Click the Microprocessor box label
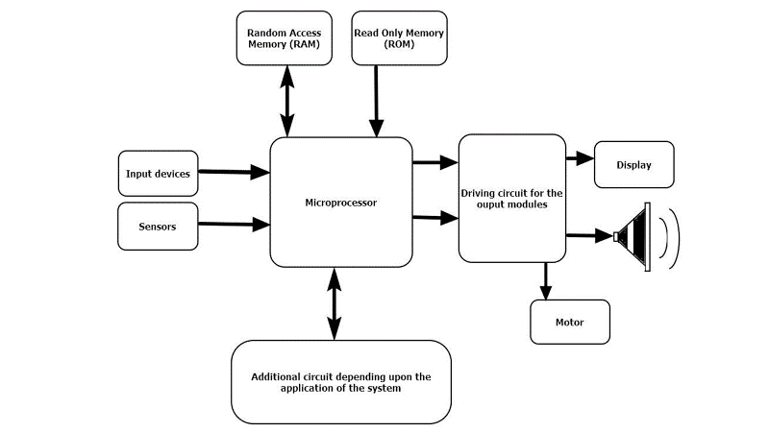tap(341, 203)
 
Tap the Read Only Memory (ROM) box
tap(399, 38)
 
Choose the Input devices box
tap(158, 174)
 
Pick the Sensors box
tap(158, 226)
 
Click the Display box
tap(634, 164)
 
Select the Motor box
tap(570, 322)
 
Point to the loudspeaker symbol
tap(635, 234)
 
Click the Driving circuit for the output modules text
tap(511, 199)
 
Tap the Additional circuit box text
tap(341, 382)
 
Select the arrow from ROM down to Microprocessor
tap(376, 101)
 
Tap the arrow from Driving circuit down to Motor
tap(547, 280)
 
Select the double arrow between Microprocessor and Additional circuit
tap(334, 303)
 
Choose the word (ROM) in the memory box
tap(399, 45)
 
